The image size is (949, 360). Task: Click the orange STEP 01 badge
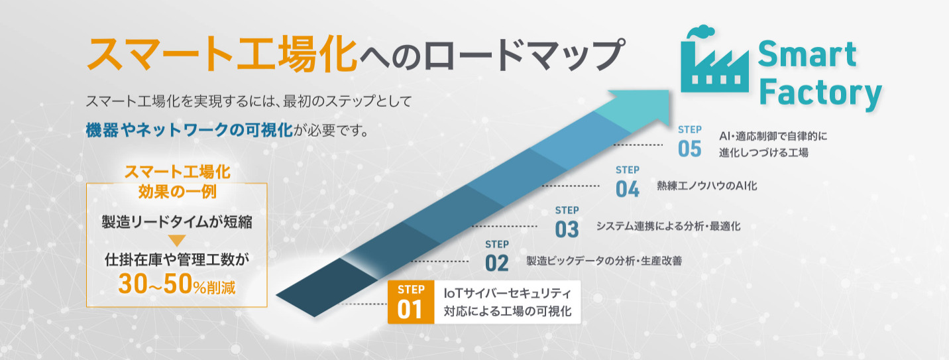[x=411, y=302]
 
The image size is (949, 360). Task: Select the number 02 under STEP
[x=497, y=263]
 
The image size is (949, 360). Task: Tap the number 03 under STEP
[x=567, y=229]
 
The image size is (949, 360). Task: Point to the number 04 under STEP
[x=628, y=189]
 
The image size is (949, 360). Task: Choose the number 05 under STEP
[x=689, y=149]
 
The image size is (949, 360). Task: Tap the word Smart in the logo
[x=807, y=54]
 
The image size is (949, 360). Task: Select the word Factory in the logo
[x=820, y=93]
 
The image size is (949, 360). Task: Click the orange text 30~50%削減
[x=177, y=284]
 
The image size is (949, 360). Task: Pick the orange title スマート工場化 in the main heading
[x=222, y=55]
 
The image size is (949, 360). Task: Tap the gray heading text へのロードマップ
[x=492, y=55]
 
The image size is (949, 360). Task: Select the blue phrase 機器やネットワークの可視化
[x=189, y=130]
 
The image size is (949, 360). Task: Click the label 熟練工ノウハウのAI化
[x=706, y=186]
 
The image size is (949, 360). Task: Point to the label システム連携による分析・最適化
[x=668, y=226]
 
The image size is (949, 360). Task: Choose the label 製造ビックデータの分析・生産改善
[x=604, y=261]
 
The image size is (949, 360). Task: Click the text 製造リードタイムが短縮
[x=177, y=221]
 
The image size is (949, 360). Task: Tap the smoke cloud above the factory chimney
[x=700, y=32]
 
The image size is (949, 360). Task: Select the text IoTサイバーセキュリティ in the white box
[x=507, y=293]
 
